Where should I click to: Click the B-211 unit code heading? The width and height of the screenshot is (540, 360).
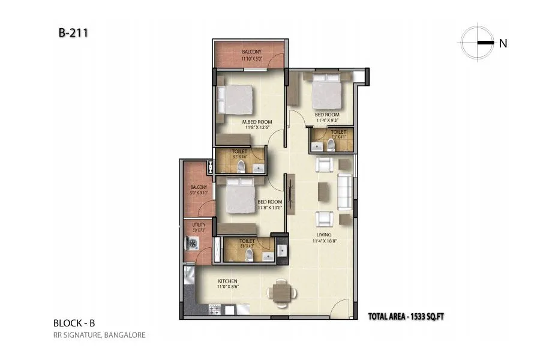click(73, 34)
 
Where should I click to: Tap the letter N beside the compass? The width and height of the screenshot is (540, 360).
click(503, 43)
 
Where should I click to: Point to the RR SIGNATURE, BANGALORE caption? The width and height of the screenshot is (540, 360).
click(99, 335)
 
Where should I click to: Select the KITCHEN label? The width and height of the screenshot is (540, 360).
click(228, 281)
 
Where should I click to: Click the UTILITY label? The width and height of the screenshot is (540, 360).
click(199, 224)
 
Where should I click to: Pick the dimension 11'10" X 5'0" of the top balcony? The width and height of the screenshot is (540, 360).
click(251, 59)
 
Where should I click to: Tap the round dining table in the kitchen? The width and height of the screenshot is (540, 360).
click(281, 292)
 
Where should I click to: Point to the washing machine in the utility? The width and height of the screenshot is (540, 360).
click(193, 243)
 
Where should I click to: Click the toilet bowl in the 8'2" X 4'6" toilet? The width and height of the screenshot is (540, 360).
click(241, 166)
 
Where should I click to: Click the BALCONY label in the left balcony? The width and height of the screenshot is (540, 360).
click(199, 187)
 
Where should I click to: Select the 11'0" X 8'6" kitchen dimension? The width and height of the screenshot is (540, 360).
click(228, 287)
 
